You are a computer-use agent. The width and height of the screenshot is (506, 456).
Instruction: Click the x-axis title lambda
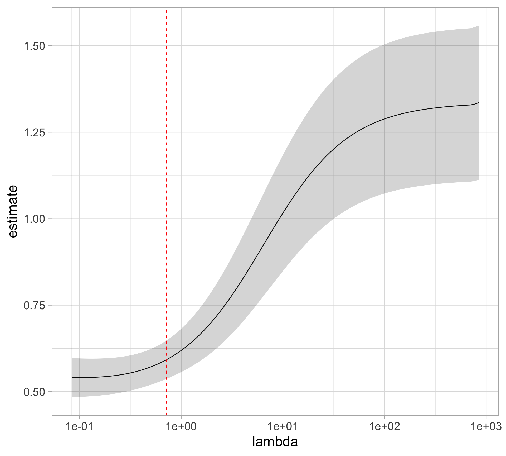point(275,442)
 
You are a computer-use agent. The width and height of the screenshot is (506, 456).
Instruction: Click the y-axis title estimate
point(12,211)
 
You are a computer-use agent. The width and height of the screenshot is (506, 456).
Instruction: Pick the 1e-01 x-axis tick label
point(79,426)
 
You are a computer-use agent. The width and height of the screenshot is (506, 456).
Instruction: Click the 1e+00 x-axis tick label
point(181,426)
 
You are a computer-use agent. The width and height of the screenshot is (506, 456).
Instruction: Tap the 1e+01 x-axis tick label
point(283,426)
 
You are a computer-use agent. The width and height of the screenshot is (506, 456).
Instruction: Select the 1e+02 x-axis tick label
point(384,426)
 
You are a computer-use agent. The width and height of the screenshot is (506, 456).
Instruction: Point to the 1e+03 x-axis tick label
point(486,426)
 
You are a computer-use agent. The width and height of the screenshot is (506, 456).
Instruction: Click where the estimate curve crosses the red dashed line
point(166,360)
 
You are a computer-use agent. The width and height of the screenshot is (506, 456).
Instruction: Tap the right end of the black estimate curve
point(478,103)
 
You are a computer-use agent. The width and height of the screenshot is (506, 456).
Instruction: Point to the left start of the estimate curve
point(72,378)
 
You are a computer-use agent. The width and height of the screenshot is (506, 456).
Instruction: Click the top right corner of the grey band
point(478,26)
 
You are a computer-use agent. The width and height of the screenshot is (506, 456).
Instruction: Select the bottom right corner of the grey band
point(478,180)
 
